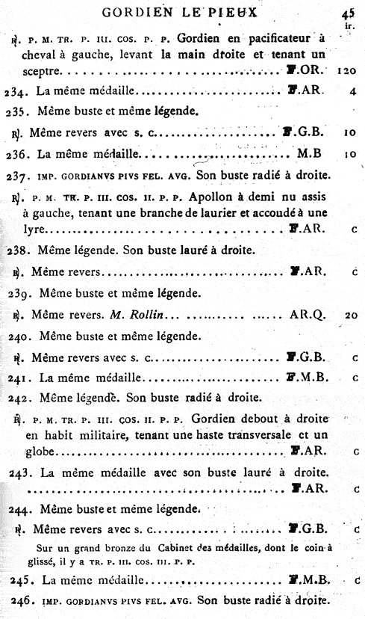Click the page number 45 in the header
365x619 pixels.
click(348, 12)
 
